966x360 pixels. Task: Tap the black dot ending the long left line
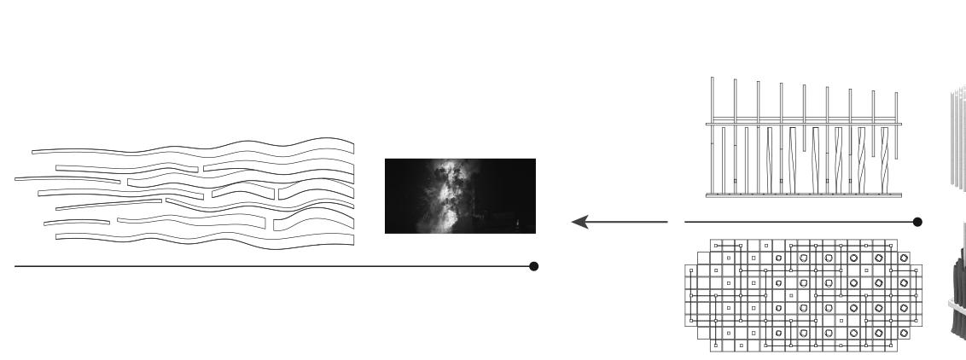534,266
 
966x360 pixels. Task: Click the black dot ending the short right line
917,223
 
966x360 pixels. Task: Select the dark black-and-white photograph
460,196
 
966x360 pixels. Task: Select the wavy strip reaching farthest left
68,179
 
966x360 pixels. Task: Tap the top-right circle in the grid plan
904,257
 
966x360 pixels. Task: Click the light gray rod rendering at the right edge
957,136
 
